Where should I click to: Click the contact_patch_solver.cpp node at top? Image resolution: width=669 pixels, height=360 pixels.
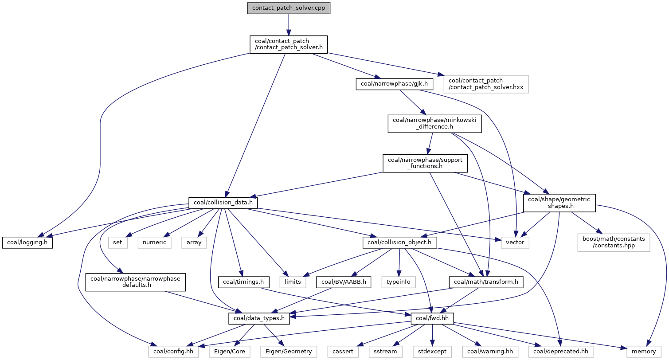[289, 8]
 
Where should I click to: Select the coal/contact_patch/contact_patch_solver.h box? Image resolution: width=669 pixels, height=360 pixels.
[289, 44]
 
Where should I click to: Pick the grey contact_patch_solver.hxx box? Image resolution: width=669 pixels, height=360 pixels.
[483, 84]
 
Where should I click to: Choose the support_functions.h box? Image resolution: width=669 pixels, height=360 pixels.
[425, 164]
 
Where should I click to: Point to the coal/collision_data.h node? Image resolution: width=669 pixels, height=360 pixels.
[223, 203]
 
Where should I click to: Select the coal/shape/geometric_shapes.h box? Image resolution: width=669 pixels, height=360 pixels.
[559, 203]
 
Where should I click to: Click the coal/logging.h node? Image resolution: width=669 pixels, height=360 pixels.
[27, 243]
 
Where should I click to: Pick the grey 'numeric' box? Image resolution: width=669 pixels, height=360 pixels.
[155, 243]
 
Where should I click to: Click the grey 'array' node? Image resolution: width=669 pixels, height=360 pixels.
[194, 243]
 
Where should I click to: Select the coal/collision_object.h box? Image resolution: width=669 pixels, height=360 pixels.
[400, 243]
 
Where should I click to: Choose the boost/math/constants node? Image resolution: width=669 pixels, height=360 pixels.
[613, 243]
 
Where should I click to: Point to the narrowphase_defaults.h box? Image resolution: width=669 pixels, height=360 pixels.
[135, 282]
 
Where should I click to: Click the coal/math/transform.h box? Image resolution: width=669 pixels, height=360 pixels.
[486, 282]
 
